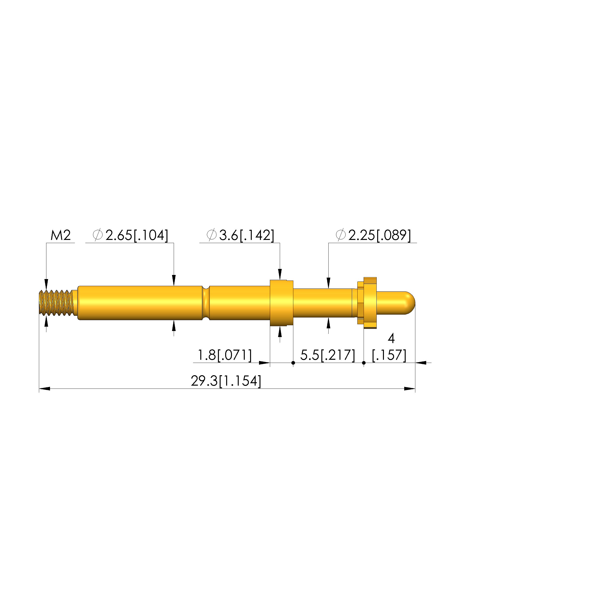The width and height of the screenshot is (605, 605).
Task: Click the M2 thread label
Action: (61, 235)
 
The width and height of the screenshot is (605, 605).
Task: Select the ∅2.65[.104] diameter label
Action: (130, 235)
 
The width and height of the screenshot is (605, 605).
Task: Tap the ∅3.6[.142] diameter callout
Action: (240, 235)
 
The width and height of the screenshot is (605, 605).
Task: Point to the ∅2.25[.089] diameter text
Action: (373, 235)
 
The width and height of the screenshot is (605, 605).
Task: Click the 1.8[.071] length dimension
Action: (224, 355)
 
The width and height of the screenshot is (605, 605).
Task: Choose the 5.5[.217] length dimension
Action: (328, 355)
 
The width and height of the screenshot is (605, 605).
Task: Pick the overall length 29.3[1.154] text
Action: (226, 381)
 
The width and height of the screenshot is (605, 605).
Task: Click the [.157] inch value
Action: (389, 355)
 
